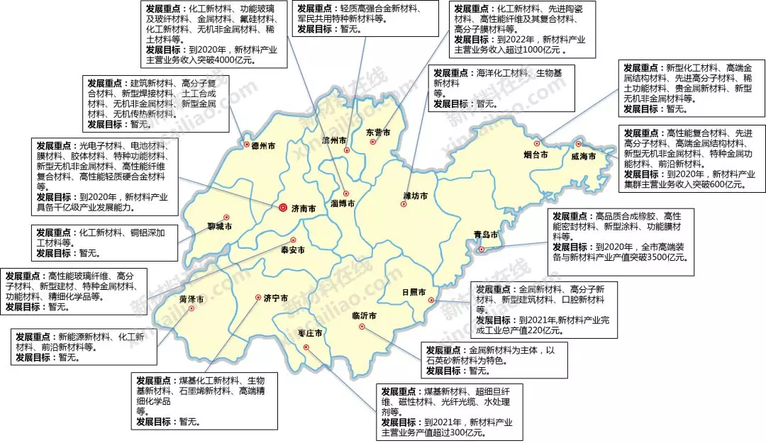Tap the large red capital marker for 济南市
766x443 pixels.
click(x=283, y=208)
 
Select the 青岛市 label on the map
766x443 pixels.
click(x=486, y=235)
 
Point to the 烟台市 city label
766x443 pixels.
click(x=536, y=155)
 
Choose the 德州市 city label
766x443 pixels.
click(x=263, y=145)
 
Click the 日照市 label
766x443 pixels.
click(x=413, y=292)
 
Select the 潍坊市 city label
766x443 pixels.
click(x=416, y=195)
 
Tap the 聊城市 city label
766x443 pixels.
click(x=220, y=227)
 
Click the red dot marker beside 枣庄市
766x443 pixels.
click(x=306, y=347)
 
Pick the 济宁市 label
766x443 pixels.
click(x=276, y=298)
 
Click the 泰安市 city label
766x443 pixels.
click(x=293, y=250)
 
